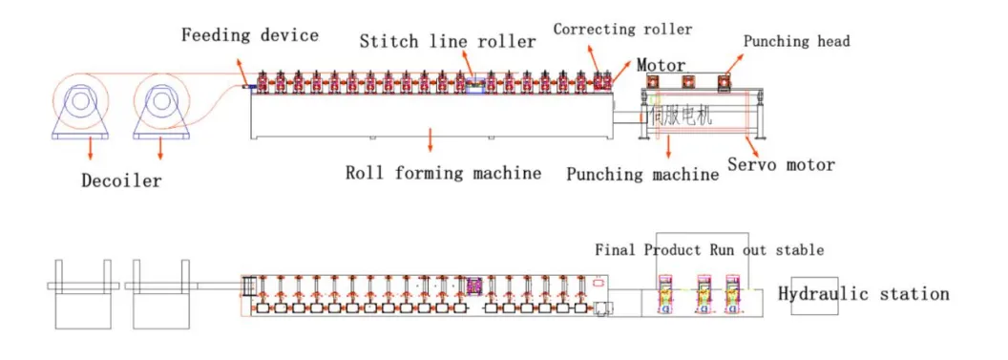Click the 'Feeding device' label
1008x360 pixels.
point(250,35)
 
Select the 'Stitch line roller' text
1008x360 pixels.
point(447,42)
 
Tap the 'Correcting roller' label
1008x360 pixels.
point(622,29)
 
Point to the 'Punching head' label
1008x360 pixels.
point(796,41)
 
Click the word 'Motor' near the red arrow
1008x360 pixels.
point(661,66)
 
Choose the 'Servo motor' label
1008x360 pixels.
point(781,164)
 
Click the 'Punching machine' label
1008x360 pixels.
point(642,174)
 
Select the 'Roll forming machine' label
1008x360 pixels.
point(443,173)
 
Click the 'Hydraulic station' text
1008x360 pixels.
point(863,293)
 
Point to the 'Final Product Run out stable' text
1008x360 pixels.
point(708,250)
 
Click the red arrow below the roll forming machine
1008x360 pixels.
point(430,141)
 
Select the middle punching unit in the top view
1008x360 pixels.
point(703,295)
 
